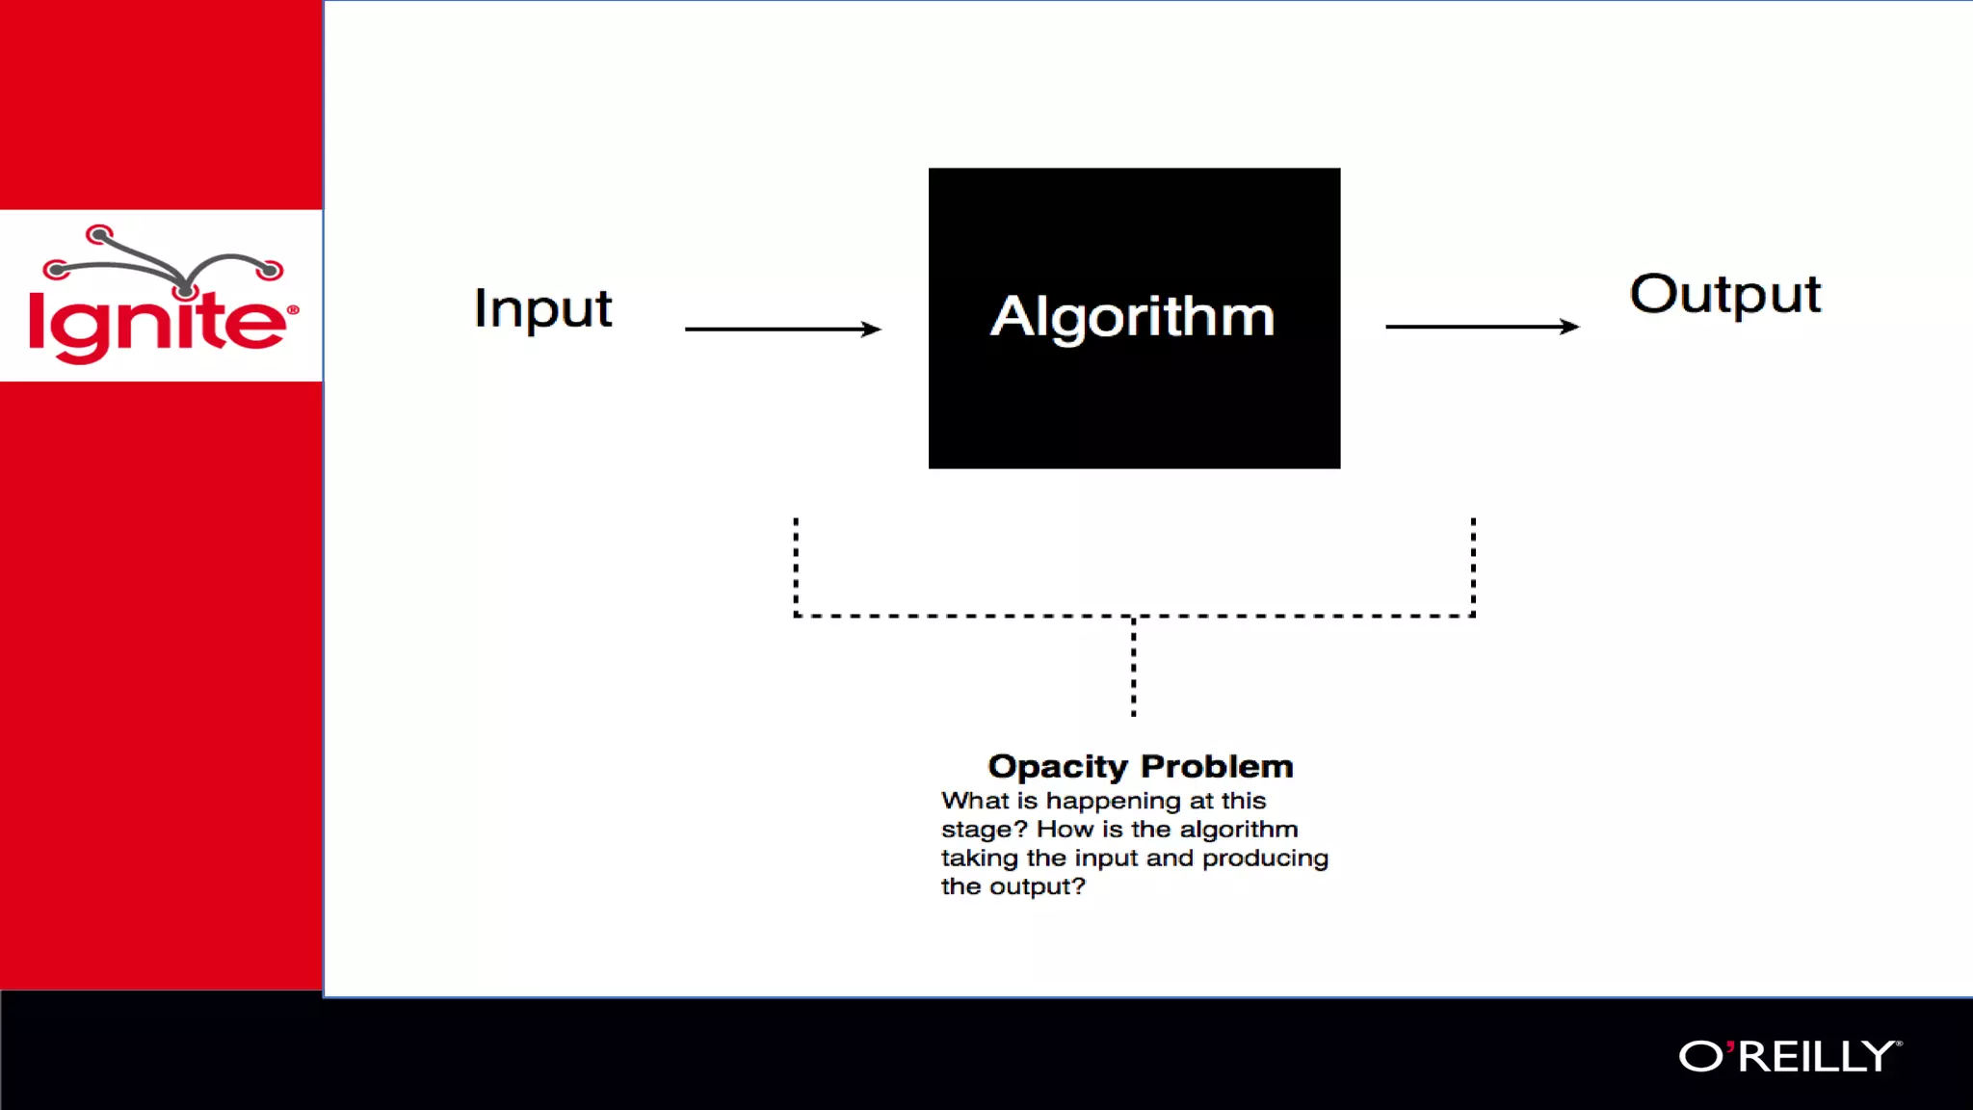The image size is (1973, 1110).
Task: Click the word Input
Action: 542,308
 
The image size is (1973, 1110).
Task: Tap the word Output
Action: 1724,293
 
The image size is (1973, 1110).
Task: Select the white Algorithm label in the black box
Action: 1133,316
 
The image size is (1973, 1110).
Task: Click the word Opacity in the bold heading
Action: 1057,766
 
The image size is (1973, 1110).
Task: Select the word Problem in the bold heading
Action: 1217,766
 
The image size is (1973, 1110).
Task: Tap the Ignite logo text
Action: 159,323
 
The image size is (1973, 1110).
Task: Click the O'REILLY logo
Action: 1789,1056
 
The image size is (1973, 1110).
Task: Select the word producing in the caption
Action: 1265,859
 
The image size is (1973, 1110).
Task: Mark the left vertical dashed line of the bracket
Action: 796,567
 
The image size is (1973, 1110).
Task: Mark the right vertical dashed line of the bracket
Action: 1473,567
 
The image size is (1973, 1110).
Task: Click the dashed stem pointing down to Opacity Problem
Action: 1134,667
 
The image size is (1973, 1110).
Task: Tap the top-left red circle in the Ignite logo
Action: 99,234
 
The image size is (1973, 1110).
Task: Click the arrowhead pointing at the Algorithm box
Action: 871,329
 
